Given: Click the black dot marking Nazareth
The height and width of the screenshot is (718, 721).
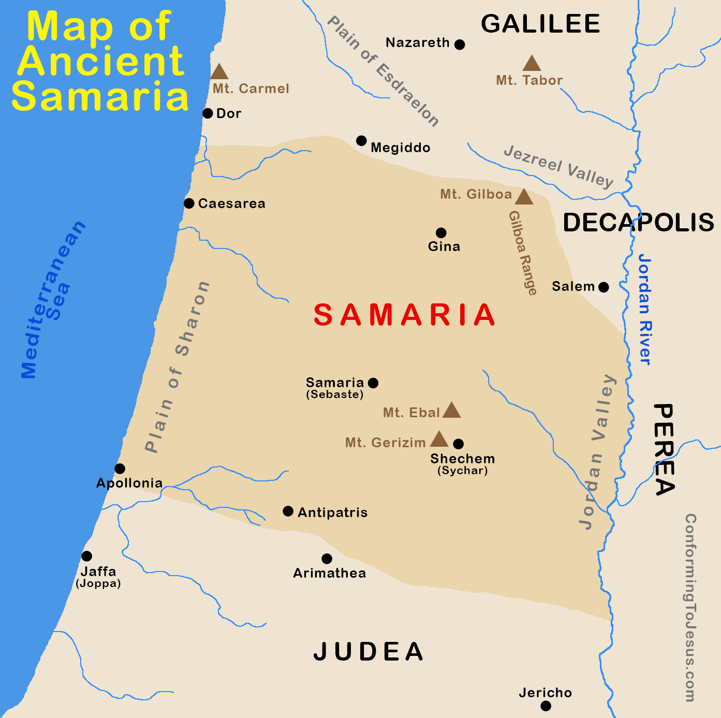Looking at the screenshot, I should point(459,45).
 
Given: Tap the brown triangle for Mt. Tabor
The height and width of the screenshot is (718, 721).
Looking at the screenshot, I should point(532,64).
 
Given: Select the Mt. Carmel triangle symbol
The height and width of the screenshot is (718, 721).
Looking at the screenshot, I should point(219,72).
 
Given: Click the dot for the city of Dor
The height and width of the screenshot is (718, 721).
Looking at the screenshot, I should point(208,113).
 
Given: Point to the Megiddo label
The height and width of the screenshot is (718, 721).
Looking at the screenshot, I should point(400,148).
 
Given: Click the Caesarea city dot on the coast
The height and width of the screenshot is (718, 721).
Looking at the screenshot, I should point(189,203).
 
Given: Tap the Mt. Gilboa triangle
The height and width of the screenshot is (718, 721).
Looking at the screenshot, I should point(524,197).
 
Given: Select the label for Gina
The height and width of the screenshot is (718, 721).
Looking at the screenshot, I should point(444,246).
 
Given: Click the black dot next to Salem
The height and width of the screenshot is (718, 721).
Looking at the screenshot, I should point(604,287).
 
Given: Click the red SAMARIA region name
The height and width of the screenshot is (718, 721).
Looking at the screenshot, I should point(405,315).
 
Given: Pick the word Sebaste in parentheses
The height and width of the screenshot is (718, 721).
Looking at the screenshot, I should point(335,394).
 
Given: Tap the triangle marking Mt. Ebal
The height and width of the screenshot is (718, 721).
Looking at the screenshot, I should point(451,411).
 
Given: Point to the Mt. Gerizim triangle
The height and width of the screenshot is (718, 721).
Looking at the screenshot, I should point(439,439).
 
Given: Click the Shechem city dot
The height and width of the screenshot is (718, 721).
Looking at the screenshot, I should point(458,444).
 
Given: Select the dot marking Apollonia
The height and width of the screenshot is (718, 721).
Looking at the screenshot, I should point(120,468).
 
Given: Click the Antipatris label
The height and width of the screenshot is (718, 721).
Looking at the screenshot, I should point(332,512).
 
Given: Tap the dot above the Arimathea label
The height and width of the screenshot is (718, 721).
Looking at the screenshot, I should point(327,559).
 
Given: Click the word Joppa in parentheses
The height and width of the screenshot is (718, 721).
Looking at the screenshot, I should point(98,583).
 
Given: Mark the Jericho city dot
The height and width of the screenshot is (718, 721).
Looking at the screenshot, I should point(546,706).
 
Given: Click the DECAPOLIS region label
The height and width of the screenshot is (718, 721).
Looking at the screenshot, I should point(638,223).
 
